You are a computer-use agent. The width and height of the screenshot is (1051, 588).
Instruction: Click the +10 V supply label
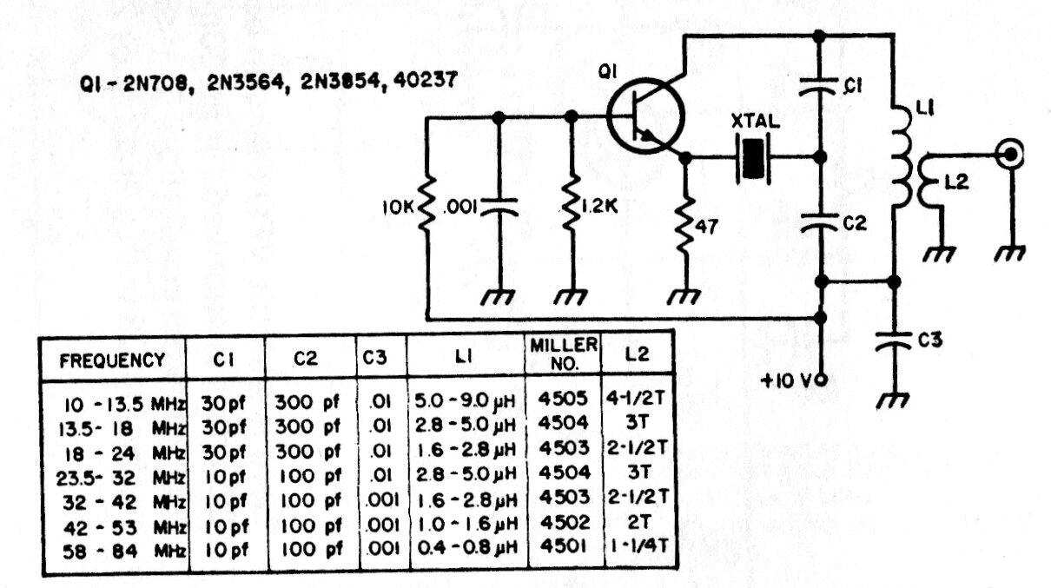click(787, 380)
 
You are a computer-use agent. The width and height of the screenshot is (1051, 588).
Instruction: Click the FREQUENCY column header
click(112, 360)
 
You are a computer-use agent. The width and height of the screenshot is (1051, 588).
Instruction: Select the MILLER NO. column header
click(564, 353)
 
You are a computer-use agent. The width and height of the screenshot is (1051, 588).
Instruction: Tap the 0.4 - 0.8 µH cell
click(466, 548)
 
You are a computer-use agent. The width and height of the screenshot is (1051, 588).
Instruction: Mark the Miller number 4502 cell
click(564, 524)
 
